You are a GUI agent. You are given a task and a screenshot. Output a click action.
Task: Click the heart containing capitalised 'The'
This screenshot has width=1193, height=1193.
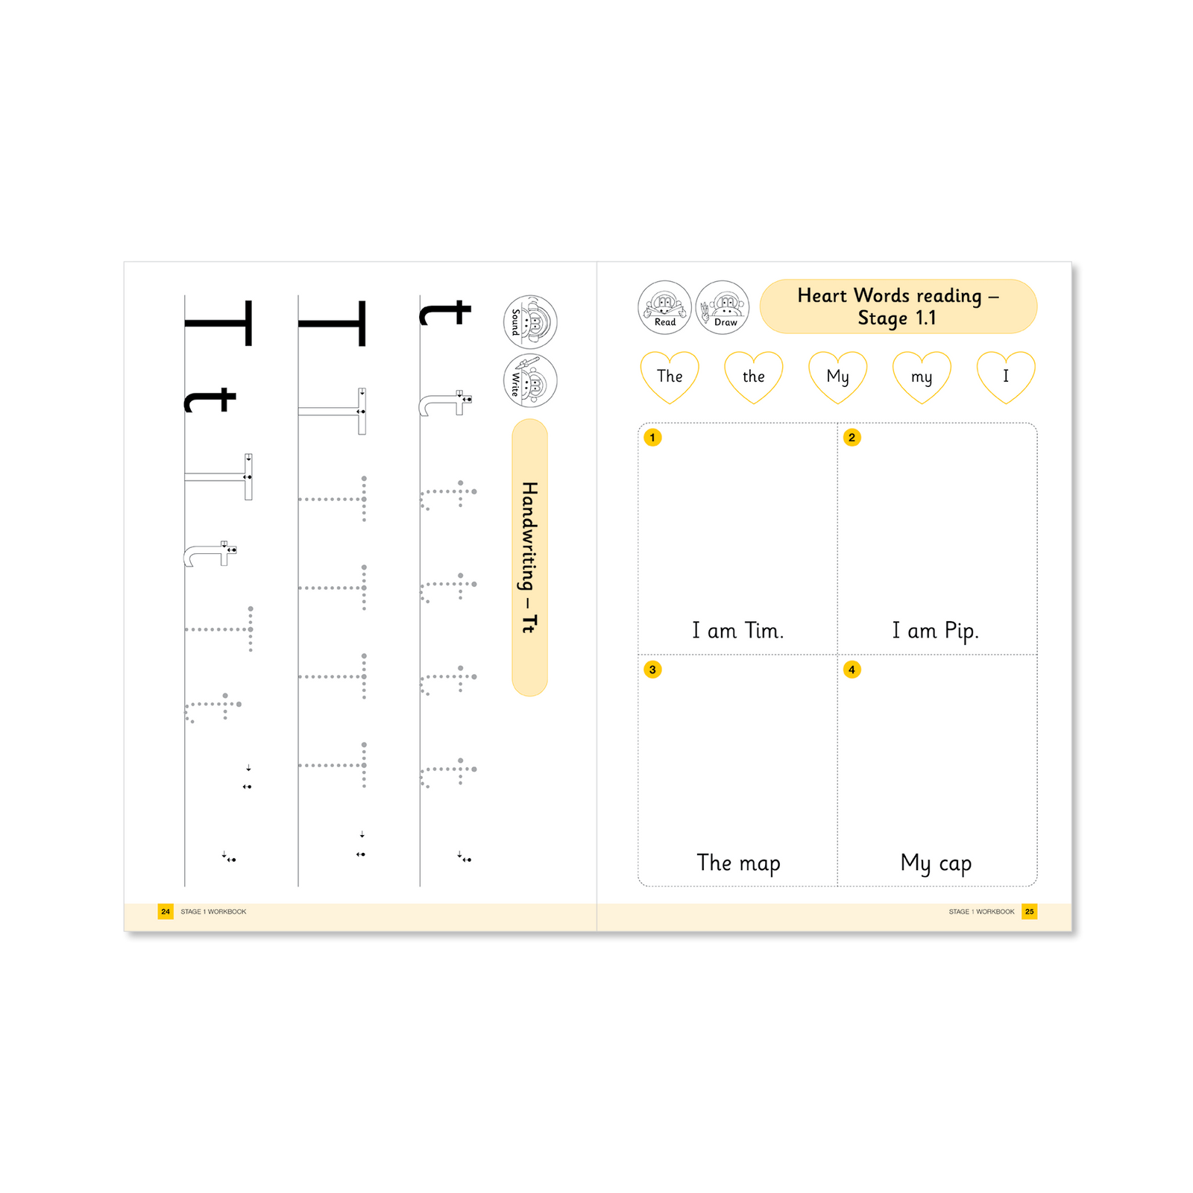click(670, 377)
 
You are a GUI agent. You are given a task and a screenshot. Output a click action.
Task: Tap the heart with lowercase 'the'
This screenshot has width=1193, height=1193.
click(754, 377)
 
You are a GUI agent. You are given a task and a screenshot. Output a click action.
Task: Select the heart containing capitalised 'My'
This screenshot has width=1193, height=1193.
click(838, 377)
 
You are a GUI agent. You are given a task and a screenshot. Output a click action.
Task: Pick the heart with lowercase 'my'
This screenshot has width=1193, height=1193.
click(922, 377)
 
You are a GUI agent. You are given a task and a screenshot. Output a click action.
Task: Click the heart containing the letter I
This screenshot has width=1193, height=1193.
click(1006, 377)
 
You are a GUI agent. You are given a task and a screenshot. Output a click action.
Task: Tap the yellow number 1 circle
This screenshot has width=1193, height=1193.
click(652, 438)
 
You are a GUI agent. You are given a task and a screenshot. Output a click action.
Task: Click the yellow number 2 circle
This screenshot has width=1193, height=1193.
click(852, 438)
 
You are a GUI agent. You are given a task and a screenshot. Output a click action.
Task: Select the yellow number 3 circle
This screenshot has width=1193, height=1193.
click(652, 670)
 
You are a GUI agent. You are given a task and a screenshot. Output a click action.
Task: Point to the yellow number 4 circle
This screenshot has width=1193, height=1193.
click(852, 670)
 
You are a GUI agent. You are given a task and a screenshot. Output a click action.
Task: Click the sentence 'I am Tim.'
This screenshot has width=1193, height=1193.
click(737, 631)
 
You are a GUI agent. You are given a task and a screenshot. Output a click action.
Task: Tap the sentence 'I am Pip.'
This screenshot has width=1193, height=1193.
click(935, 631)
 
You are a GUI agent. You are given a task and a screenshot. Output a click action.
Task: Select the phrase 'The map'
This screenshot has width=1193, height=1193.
click(738, 863)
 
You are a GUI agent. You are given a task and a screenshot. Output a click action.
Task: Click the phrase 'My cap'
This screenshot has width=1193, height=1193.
click(936, 863)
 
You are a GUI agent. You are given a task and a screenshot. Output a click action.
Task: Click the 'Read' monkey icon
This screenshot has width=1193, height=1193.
click(664, 307)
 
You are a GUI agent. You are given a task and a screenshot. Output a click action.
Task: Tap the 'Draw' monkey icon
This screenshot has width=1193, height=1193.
click(723, 307)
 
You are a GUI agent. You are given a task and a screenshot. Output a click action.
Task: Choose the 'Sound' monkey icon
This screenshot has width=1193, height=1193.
click(530, 322)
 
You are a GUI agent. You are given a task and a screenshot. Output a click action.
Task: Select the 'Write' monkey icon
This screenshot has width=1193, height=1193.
click(530, 380)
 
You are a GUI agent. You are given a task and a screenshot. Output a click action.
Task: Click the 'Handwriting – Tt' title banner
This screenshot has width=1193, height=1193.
click(529, 557)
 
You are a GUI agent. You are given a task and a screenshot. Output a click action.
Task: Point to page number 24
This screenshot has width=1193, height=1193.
click(166, 911)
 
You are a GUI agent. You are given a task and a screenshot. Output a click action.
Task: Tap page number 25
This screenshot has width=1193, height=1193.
click(1029, 911)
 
